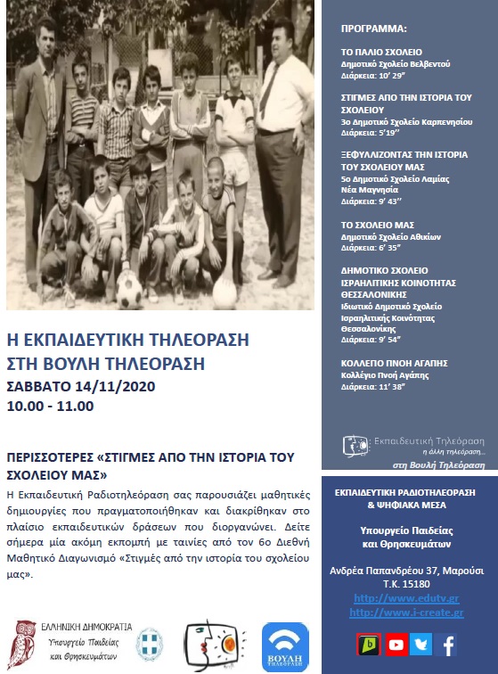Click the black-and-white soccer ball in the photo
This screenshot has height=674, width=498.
128,289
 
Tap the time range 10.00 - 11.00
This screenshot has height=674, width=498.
50,406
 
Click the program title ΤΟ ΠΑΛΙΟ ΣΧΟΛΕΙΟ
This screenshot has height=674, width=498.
381,53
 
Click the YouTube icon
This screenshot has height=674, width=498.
395,645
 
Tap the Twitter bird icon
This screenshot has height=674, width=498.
421,645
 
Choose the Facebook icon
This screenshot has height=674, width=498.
449,645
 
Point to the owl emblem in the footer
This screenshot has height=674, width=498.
28,640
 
